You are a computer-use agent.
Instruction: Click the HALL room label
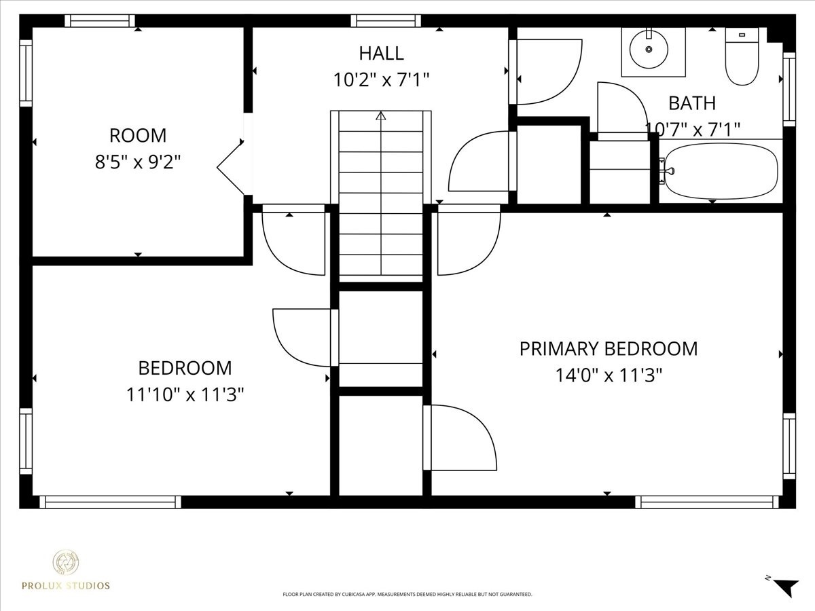coord(381,54)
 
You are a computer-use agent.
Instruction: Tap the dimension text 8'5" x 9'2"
coord(138,162)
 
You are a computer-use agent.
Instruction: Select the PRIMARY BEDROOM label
coord(609,349)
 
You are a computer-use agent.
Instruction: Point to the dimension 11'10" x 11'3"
coord(185,394)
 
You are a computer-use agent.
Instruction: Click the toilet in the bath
coord(742,56)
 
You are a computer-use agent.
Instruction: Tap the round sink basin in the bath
coord(649,50)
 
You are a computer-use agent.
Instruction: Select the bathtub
coord(721,171)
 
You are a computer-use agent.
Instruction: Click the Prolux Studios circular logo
coord(66,562)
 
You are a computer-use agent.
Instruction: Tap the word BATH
coord(692,103)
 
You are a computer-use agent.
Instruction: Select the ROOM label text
coord(138,135)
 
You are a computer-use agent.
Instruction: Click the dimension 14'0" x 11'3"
coord(609,375)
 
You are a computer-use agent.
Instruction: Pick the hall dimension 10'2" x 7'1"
coord(381,79)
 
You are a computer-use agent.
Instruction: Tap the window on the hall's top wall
coord(386,21)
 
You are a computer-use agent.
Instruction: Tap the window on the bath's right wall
coord(789,90)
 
